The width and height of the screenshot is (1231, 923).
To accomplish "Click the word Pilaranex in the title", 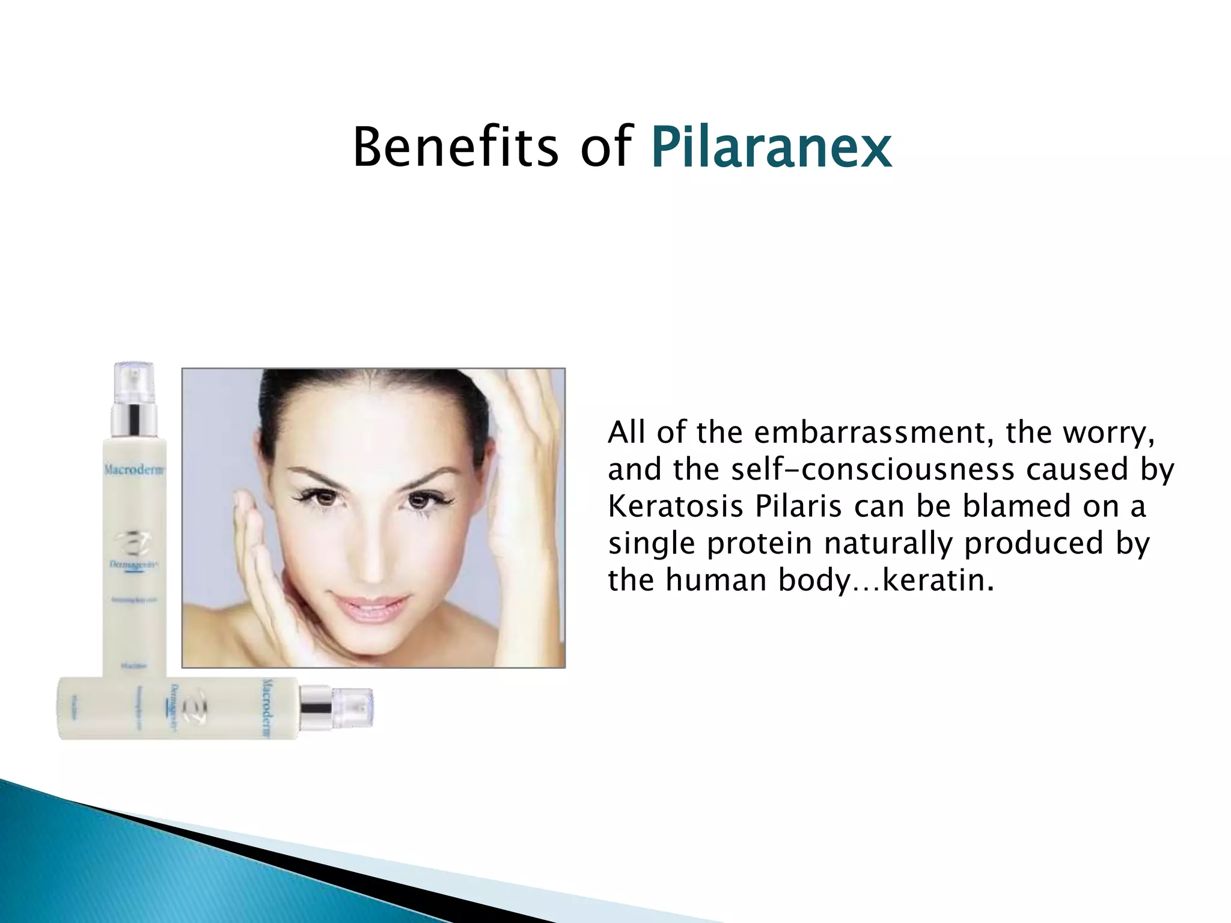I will coord(771,147).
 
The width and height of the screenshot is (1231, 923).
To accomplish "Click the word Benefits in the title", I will coord(455,147).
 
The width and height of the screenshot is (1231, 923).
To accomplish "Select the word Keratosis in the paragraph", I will coord(676,506).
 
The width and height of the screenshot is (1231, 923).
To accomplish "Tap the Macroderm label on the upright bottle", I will coord(134,469).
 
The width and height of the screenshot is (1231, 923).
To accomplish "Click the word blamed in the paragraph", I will coord(1017,506).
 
